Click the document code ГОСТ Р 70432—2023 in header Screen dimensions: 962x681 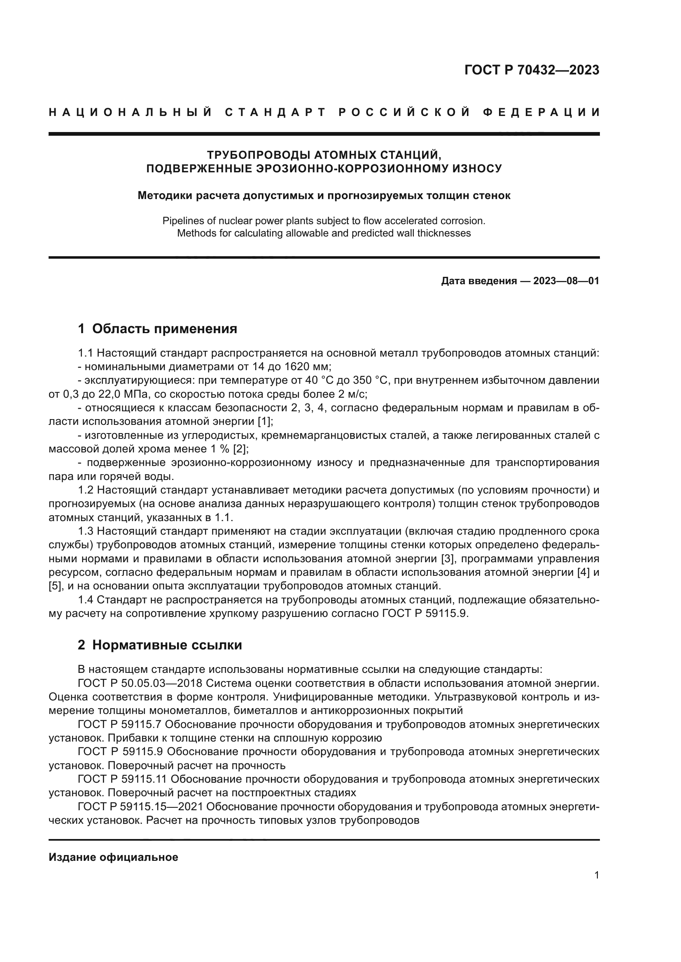tap(532, 70)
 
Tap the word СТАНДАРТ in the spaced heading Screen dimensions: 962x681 tap(275, 112)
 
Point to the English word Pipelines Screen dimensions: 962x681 tap(181, 221)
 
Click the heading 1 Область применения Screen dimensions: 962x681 tap(157, 329)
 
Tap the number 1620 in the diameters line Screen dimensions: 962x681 tap(296, 366)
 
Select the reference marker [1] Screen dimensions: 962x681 tap(265, 422)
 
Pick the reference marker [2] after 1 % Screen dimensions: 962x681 tap(241, 449)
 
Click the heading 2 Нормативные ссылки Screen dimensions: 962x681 tap(160, 645)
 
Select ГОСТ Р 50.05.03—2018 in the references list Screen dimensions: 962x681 tap(140, 684)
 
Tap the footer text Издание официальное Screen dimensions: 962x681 tap(113, 857)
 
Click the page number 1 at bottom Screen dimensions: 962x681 tap(596, 875)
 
